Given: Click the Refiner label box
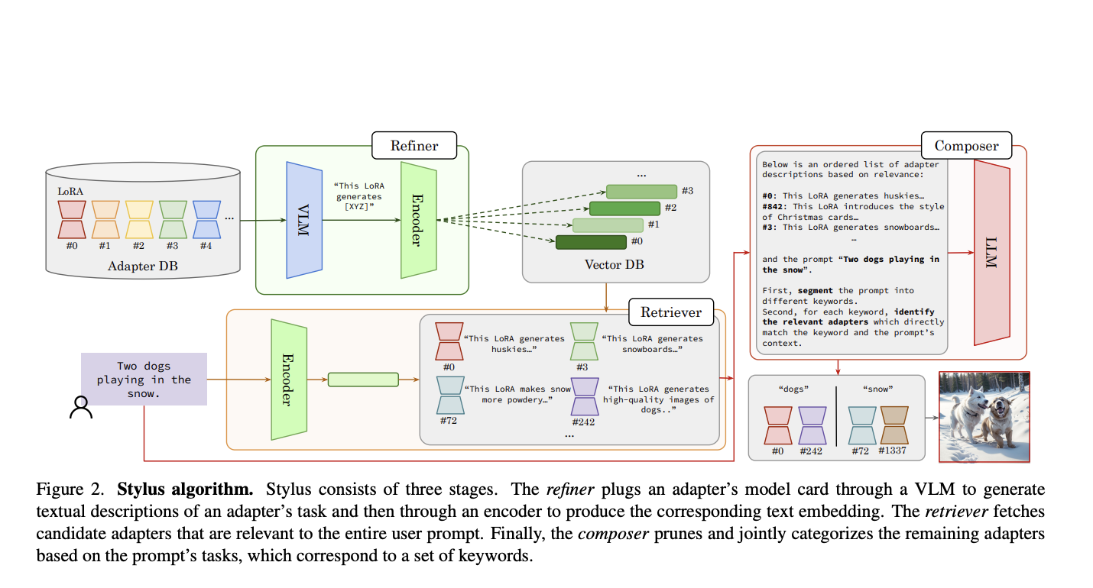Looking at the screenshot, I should [414, 145].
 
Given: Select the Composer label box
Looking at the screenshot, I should [966, 145].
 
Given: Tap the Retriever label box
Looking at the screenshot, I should [670, 312].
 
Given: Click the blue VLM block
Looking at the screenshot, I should [303, 220].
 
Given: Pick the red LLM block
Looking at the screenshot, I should [992, 252].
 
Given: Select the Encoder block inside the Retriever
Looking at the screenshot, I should [288, 379].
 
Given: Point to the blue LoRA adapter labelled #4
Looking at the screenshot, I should [206, 219].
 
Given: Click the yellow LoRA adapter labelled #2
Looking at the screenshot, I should [139, 219].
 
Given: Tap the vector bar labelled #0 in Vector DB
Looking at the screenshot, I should [591, 242].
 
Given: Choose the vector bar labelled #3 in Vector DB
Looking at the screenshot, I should [642, 191].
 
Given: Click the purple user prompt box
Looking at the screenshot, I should [144, 379].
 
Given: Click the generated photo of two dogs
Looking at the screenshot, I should [984, 416].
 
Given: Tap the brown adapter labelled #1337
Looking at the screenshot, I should [893, 425].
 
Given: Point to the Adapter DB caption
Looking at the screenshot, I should [142, 267].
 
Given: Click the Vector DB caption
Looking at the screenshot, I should [615, 264].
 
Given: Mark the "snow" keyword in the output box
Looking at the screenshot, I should [877, 389].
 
